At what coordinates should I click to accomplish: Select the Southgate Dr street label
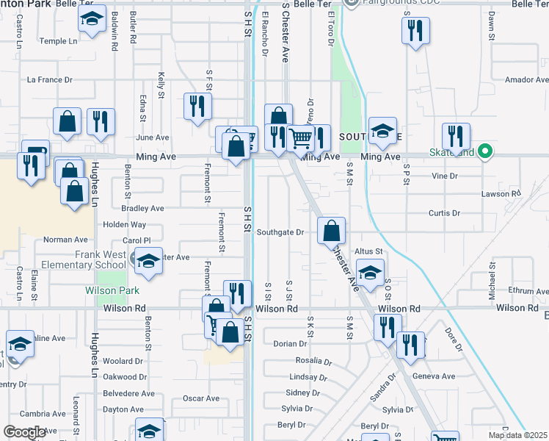(x=280, y=232)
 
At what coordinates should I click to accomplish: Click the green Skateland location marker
(x=484, y=152)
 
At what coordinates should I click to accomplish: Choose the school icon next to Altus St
(x=371, y=273)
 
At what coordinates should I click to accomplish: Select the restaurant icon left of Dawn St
(x=415, y=31)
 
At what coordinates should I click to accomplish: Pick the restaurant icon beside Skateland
(x=456, y=137)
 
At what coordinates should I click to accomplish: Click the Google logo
(x=24, y=432)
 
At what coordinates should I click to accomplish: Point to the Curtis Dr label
(x=444, y=213)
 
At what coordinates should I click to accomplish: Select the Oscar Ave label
(x=201, y=398)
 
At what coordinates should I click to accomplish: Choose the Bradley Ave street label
(x=142, y=208)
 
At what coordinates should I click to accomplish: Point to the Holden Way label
(x=124, y=224)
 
